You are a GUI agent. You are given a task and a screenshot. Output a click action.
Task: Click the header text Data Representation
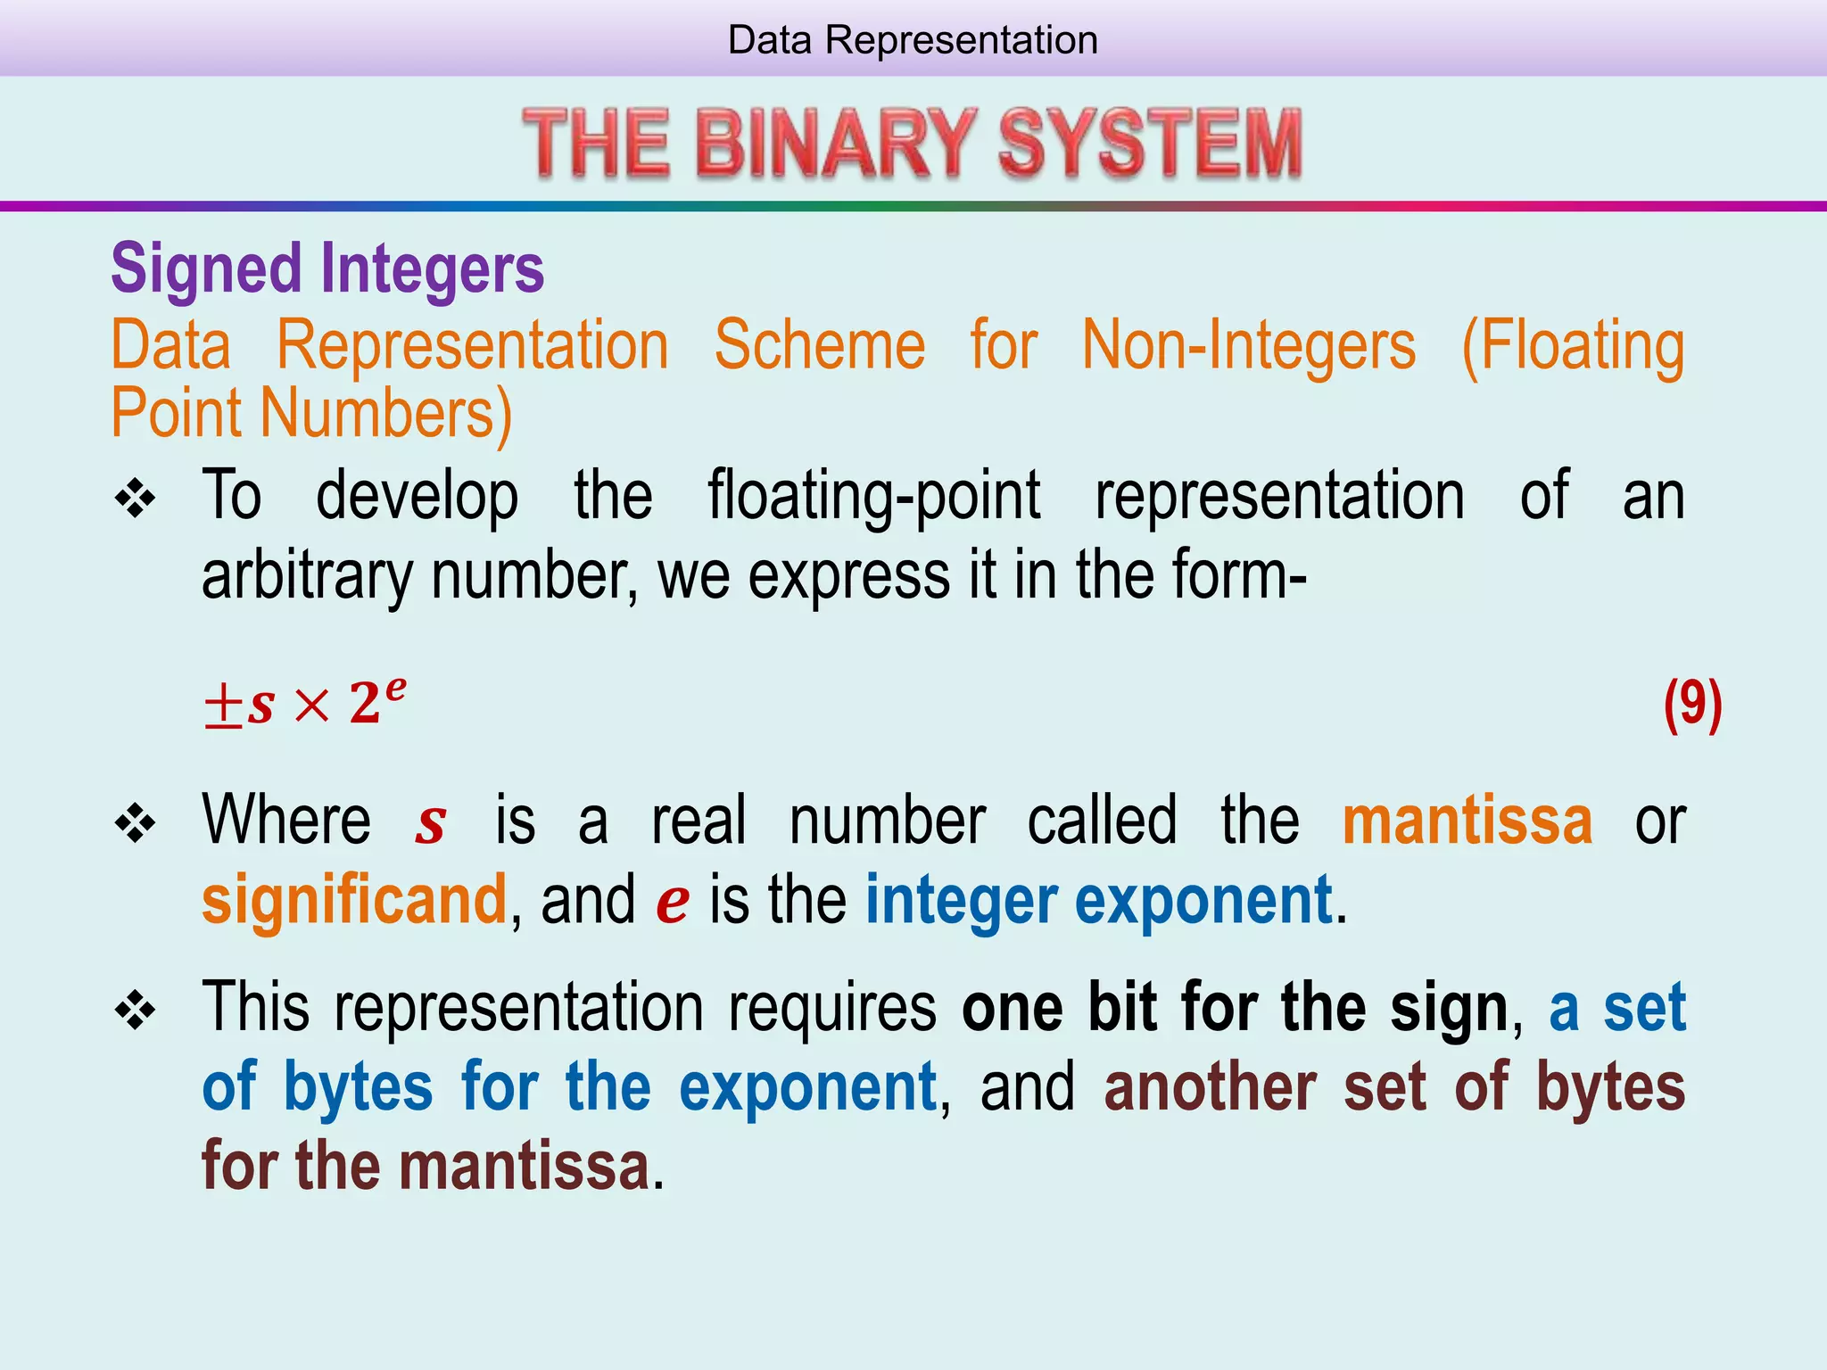pos(912,40)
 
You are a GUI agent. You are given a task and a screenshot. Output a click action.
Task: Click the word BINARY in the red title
pos(835,143)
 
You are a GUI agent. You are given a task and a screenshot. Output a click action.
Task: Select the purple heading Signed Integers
pos(327,268)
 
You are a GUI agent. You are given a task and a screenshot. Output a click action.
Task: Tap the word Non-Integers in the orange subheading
pos(1248,345)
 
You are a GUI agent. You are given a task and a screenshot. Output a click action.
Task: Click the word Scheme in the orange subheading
pos(819,345)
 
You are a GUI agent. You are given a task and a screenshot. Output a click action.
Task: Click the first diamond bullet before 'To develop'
pos(136,499)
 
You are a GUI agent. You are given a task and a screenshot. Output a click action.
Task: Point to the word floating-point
pos(873,496)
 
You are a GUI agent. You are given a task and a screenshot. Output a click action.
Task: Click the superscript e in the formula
pos(395,688)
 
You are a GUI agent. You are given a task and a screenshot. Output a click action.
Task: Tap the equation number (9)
pos(1692,705)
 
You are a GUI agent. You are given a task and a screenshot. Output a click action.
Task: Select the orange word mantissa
pos(1467,821)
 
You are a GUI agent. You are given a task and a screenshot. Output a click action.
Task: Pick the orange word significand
pos(354,900)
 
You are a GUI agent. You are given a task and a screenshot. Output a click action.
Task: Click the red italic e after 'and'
pos(672,902)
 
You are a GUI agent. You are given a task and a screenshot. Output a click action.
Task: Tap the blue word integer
pos(962,901)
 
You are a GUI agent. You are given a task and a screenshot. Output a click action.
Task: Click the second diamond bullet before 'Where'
pos(136,823)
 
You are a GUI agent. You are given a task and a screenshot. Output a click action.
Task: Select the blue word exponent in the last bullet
pos(807,1088)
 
